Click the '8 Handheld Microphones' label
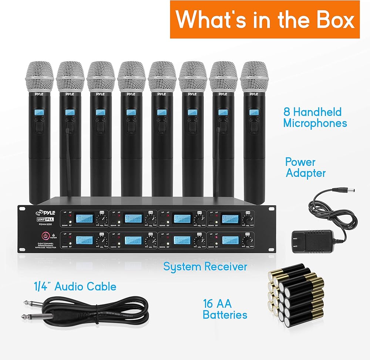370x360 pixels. (x=315, y=117)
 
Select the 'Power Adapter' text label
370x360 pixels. (x=305, y=167)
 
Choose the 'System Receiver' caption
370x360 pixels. (x=205, y=266)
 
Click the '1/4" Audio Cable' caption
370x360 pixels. (x=75, y=286)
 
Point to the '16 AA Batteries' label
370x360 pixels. (x=225, y=309)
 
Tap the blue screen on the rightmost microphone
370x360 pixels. (x=253, y=112)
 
